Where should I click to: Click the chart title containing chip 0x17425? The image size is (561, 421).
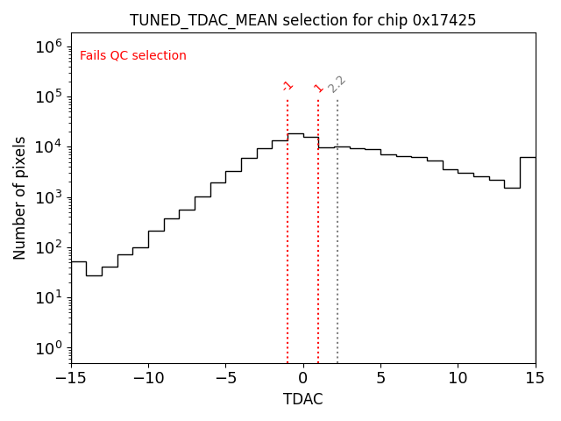pos(302,20)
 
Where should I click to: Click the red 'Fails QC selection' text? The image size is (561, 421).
pos(133,56)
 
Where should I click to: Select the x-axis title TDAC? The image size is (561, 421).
pos(302,399)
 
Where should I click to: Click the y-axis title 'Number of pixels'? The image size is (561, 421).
pos(20,197)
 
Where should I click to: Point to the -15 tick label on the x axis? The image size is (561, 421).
pos(71,378)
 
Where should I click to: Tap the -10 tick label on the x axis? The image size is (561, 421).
pos(148,378)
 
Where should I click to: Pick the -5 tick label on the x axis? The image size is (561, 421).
pos(225,378)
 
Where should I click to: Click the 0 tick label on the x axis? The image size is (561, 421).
pos(303,378)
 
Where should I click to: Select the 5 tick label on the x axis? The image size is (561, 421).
pos(380,378)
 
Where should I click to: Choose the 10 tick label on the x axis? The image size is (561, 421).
pos(458,378)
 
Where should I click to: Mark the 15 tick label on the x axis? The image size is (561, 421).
pos(535,378)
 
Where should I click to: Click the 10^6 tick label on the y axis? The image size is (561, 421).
pos(47,46)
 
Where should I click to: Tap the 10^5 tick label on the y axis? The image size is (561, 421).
pos(47,96)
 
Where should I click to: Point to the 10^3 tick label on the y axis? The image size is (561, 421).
pos(47,196)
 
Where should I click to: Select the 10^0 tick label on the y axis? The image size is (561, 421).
pos(47,348)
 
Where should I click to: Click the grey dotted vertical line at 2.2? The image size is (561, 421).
pos(337,228)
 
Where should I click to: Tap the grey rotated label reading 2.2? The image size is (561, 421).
pos(337,84)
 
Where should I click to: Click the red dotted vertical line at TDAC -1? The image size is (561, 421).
pos(288,228)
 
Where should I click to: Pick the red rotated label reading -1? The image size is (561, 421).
pos(288,85)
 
